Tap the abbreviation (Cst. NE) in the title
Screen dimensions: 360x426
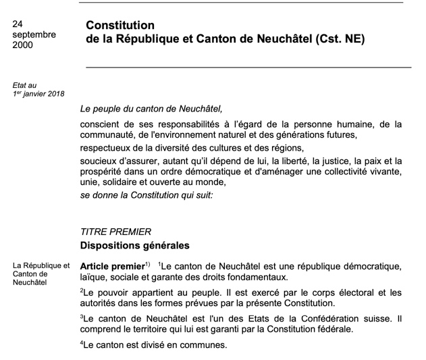[340, 39]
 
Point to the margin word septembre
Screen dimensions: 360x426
[34, 34]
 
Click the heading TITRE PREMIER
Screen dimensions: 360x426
[115, 232]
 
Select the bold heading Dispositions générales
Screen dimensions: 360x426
[135, 245]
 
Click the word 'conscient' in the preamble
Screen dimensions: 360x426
[101, 124]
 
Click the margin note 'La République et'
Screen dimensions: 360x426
[41, 265]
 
